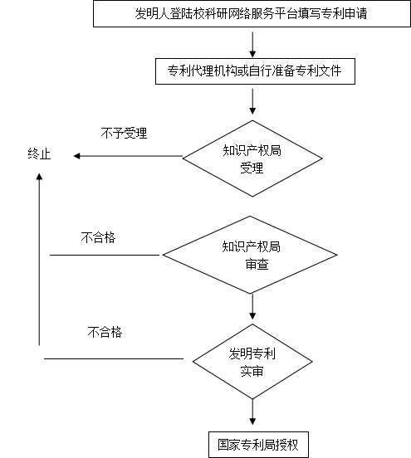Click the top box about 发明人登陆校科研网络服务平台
[252, 14]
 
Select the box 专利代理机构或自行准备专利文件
[255, 71]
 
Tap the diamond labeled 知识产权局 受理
[252, 158]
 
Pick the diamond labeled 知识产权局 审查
[250, 255]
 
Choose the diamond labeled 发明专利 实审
[252, 361]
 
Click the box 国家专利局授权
[258, 445]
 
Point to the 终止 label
[39, 153]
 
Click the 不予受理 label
[124, 134]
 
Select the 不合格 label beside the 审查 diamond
[98, 238]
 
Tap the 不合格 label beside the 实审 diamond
[105, 332]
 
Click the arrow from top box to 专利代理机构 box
[252, 45]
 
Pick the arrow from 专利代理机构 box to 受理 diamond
[252, 102]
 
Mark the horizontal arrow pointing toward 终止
[128, 156]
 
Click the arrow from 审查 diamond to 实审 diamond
[252, 307]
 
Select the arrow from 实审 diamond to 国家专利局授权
[252, 412]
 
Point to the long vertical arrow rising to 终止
[39, 260]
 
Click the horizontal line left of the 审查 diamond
[105, 255]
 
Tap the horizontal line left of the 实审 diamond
[114, 358]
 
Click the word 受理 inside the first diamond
[252, 168]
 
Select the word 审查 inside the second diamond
[257, 265]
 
